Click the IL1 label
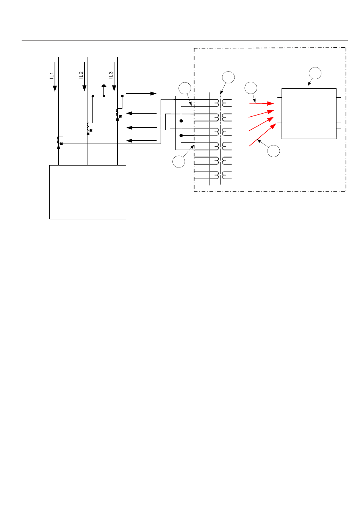(52, 75)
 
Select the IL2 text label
(81, 75)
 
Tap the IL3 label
(111, 75)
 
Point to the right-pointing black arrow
(141, 94)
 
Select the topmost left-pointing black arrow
(141, 113)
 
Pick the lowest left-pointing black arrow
(141, 141)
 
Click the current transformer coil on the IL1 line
(58, 140)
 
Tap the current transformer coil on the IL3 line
(117, 112)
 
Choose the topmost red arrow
(261, 103)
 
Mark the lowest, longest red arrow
(263, 135)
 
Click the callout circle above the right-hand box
(315, 73)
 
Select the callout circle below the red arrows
(274, 151)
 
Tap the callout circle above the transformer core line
(228, 77)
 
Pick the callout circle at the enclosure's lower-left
(178, 161)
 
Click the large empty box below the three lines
(88, 192)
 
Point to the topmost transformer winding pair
(223, 103)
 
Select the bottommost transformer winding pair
(223, 175)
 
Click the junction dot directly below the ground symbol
(104, 96)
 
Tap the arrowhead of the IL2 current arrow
(85, 88)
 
